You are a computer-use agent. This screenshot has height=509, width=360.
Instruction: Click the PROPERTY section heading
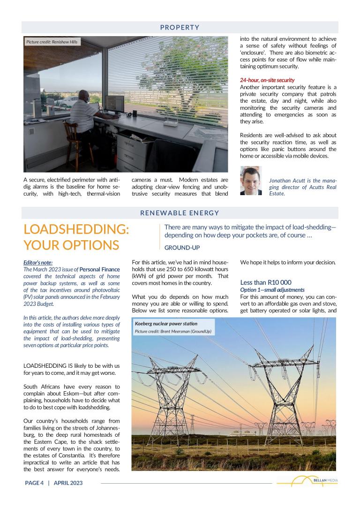coord(180,27)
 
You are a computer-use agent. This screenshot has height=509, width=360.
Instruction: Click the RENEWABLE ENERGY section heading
coord(180,213)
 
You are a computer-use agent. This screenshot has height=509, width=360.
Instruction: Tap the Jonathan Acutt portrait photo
coord(251,181)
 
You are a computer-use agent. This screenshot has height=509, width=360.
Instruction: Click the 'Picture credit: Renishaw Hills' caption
coord(52,42)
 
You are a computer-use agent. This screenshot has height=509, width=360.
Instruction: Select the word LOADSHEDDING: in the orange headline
coord(76,229)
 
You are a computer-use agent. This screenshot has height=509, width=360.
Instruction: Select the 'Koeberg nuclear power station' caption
coord(166,324)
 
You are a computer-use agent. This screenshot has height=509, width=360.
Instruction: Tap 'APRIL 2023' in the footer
coord(68,483)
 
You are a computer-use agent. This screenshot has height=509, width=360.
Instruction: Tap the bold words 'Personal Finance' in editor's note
coord(99,269)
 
